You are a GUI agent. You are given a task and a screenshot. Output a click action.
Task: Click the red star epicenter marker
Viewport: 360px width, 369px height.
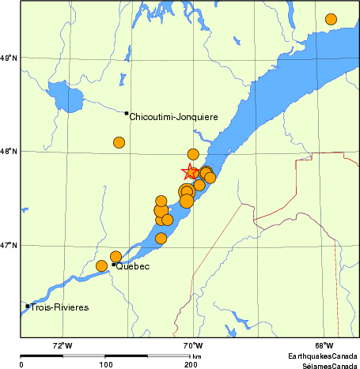pos(191,171)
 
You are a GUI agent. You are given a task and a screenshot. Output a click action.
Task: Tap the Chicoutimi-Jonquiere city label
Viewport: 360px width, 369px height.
pos(173,117)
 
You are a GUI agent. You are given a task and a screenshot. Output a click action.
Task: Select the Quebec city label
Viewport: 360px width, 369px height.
pos(134,267)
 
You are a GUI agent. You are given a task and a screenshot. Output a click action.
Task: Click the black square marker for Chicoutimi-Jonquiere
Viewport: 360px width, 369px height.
pos(127,113)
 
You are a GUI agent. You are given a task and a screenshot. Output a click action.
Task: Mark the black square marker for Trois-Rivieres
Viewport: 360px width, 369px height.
pos(28,306)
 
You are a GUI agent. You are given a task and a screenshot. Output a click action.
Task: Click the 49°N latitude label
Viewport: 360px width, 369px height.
pos(9,58)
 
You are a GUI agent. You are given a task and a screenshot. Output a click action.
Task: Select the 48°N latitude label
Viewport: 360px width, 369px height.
pos(9,152)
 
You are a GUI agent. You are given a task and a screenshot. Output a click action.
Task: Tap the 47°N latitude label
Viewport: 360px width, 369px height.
pos(9,245)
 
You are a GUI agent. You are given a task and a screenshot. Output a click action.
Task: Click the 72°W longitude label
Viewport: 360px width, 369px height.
pos(63,345)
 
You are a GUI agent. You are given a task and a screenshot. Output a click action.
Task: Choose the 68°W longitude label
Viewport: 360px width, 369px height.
pos(323,345)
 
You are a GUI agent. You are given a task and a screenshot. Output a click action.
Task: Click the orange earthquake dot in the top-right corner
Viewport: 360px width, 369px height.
pos(331,19)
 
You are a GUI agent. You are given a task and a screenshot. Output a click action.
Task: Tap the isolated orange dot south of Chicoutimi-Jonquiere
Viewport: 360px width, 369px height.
pos(119,142)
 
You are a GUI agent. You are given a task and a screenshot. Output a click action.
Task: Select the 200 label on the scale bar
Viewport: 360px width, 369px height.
pos(191,365)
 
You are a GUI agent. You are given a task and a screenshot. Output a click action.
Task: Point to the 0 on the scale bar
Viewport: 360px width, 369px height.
pos(21,365)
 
